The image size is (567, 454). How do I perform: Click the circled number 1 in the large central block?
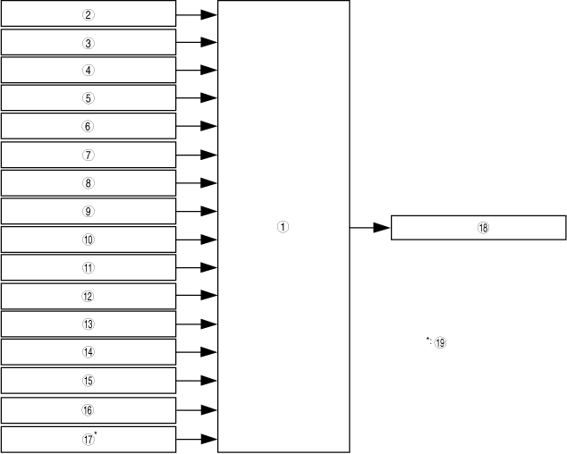click(282, 227)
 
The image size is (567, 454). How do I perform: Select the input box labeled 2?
click(88, 14)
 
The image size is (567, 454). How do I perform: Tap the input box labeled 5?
click(88, 98)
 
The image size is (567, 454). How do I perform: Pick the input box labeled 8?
click(88, 183)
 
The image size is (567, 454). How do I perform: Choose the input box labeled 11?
click(88, 267)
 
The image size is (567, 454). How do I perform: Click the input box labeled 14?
click(88, 352)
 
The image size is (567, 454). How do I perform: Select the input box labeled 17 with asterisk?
click(88, 439)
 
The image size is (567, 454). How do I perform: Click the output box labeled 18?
click(479, 228)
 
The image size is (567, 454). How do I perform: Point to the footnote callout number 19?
click(440, 342)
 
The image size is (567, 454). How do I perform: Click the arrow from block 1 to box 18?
click(369, 228)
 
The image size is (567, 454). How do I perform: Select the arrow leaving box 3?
click(197, 42)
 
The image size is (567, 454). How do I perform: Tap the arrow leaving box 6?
click(197, 126)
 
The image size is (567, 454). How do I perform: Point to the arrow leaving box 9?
click(197, 211)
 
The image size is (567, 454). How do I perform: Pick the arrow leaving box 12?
click(197, 296)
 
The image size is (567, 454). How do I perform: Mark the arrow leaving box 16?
click(197, 410)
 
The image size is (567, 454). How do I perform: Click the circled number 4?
click(88, 71)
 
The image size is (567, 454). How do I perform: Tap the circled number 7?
click(88, 155)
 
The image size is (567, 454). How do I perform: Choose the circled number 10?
click(88, 240)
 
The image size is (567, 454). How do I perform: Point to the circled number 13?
click(88, 324)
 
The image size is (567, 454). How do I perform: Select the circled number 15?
click(88, 381)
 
